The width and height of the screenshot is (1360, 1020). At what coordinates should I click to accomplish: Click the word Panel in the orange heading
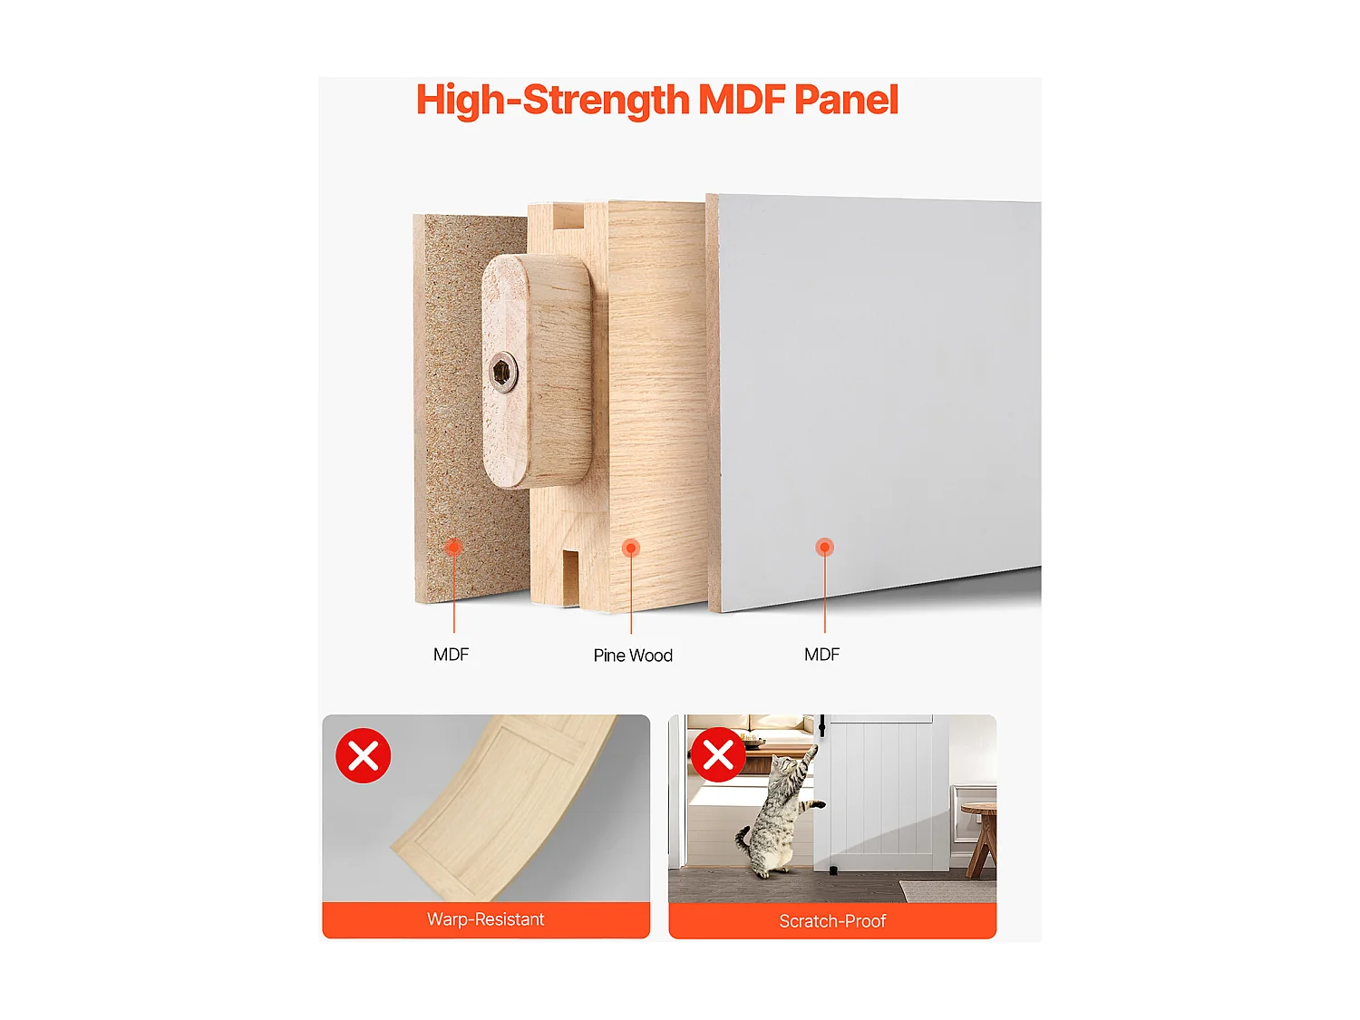point(846,100)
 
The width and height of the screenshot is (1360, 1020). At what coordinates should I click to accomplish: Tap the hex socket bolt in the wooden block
point(503,373)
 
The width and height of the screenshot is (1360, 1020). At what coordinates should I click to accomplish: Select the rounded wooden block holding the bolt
point(537,370)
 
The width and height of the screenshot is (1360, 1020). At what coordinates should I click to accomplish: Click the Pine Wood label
point(633,656)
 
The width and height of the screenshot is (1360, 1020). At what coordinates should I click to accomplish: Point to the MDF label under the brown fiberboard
point(451,655)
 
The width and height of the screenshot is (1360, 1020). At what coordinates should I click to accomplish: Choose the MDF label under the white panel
point(821,655)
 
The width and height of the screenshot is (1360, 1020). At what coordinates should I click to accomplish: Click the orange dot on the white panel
point(824,547)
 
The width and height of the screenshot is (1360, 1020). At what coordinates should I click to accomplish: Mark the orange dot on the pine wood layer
point(631,549)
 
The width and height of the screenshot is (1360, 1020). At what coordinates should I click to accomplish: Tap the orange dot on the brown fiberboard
point(453,547)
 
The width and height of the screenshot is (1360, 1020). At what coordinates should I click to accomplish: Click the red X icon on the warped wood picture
point(363,755)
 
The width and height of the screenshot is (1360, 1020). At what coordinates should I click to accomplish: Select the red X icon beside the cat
point(718,755)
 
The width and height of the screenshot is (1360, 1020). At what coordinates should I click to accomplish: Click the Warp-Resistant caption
point(486,919)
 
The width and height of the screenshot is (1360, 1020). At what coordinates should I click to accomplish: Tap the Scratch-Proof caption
point(832,921)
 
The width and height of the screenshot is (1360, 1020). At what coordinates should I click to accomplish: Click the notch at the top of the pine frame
point(568,218)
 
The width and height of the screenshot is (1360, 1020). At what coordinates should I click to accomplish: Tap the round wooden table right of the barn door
point(979,836)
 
